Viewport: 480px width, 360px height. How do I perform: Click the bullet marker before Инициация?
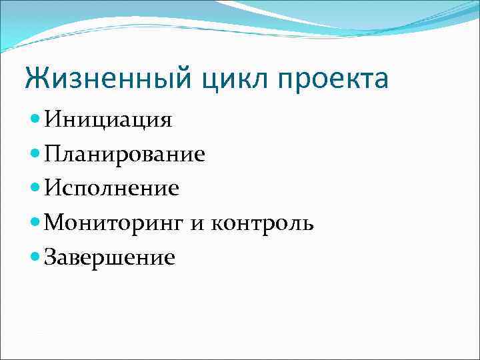(x=36, y=120)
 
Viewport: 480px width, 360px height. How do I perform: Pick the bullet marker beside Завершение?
(x=36, y=257)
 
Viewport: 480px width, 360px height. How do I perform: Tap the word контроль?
(x=262, y=223)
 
